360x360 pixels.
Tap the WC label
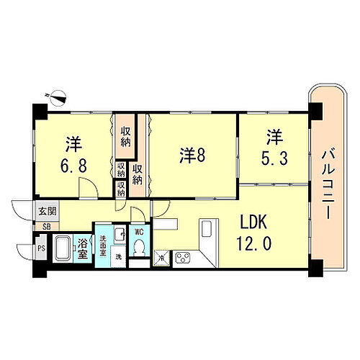[x=140, y=232]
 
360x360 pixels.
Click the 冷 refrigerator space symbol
[x=162, y=257]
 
